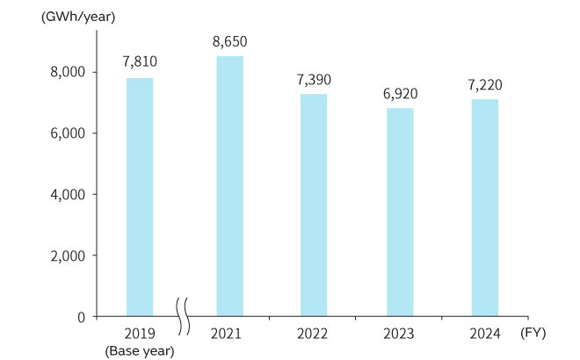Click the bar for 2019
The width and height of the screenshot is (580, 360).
pyautogui.click(x=140, y=197)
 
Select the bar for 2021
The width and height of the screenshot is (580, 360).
pyautogui.click(x=230, y=186)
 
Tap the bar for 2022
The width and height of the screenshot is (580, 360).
pyautogui.click(x=314, y=205)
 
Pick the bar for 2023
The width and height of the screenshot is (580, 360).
pyautogui.click(x=400, y=212)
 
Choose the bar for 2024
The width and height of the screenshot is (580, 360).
pyautogui.click(x=485, y=207)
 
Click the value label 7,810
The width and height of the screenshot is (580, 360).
pyautogui.click(x=140, y=63)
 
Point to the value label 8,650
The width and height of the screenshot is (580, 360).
pyautogui.click(x=230, y=40)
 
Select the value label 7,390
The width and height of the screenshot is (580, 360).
pyautogui.click(x=314, y=79)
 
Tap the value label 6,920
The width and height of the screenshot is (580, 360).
pyautogui.click(x=400, y=92)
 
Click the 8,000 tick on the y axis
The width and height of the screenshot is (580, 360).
pyautogui.click(x=67, y=72)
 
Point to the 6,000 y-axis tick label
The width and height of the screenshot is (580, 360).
pyautogui.click(x=67, y=133)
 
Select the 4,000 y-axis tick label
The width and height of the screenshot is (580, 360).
pyautogui.click(x=67, y=194)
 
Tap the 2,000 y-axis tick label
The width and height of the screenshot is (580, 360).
pyautogui.click(x=67, y=256)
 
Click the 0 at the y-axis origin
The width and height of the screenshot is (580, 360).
pyautogui.click(x=80, y=316)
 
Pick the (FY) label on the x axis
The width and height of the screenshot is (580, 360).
pyautogui.click(x=533, y=334)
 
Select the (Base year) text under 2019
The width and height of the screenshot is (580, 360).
pyautogui.click(x=140, y=350)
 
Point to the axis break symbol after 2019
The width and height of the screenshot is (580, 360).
pyautogui.click(x=184, y=316)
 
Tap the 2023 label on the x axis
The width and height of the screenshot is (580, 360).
pyautogui.click(x=400, y=334)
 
